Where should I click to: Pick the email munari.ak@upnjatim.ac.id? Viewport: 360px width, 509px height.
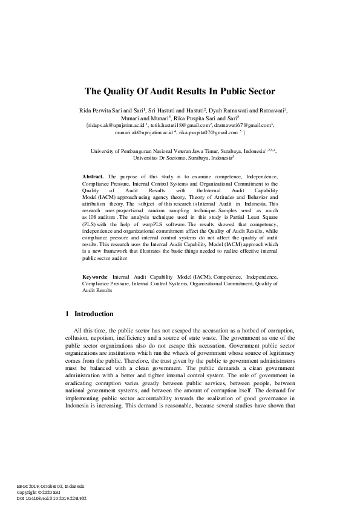[143, 132]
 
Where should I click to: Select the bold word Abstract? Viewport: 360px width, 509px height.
[93, 175]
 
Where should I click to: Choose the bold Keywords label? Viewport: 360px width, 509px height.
[96, 276]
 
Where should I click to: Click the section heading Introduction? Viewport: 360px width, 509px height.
[94, 314]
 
